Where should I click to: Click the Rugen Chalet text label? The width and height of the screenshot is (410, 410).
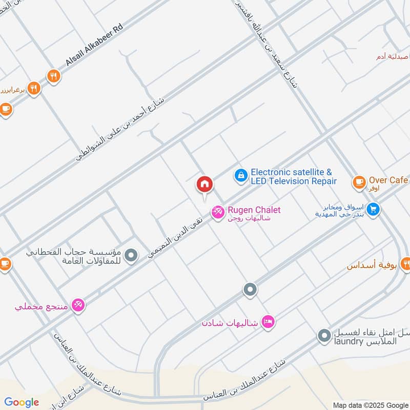pyautogui.click(x=254, y=210)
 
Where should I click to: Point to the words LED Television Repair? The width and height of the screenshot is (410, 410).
pyautogui.click(x=294, y=181)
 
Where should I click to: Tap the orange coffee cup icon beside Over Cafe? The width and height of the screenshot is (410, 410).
pyautogui.click(x=359, y=181)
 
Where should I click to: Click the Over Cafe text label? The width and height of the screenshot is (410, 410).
pyautogui.click(x=388, y=180)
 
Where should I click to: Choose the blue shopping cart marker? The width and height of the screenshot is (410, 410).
pyautogui.click(x=373, y=210)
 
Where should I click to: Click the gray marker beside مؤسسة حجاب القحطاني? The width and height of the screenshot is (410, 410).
pyautogui.click(x=132, y=255)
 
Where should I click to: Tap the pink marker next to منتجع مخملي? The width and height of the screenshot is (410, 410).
pyautogui.click(x=78, y=305)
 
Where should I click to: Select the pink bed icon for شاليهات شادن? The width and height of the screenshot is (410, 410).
pyautogui.click(x=268, y=322)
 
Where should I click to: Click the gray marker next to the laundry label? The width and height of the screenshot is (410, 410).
pyautogui.click(x=324, y=336)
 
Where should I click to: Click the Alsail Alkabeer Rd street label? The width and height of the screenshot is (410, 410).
pyautogui.click(x=95, y=45)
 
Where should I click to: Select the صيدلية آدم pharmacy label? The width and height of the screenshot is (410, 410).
pyautogui.click(x=393, y=56)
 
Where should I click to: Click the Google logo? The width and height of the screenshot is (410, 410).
pyautogui.click(x=22, y=402)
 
